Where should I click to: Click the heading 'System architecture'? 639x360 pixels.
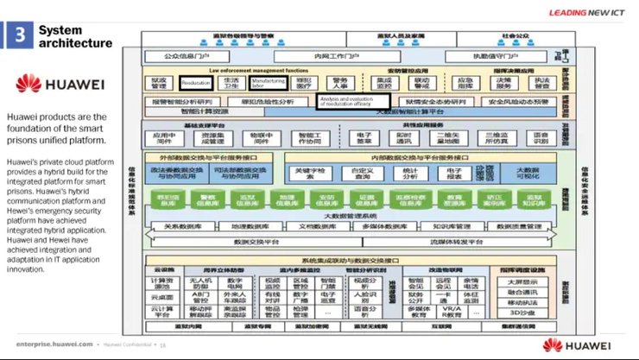76,35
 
